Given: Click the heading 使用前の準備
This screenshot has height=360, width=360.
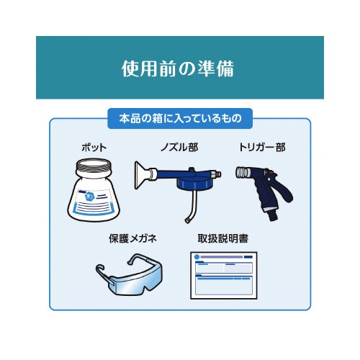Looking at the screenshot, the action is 178,68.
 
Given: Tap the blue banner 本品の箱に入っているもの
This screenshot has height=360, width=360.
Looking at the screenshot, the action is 180,119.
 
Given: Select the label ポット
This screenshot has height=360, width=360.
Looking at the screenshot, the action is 94,147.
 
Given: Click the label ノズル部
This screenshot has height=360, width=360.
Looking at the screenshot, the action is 179,147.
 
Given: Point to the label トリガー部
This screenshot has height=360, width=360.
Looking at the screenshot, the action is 262,147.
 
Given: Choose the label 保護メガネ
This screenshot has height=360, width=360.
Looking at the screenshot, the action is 132,238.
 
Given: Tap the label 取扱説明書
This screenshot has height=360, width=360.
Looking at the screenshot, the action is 223,238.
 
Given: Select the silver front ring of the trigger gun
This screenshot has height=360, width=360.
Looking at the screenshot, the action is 243,172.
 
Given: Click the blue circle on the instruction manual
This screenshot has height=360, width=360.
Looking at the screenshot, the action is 197,257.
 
